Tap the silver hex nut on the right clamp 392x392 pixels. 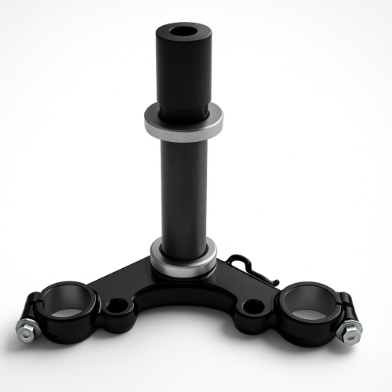[x=345, y=332]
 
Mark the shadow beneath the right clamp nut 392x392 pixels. [x=349, y=345]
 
